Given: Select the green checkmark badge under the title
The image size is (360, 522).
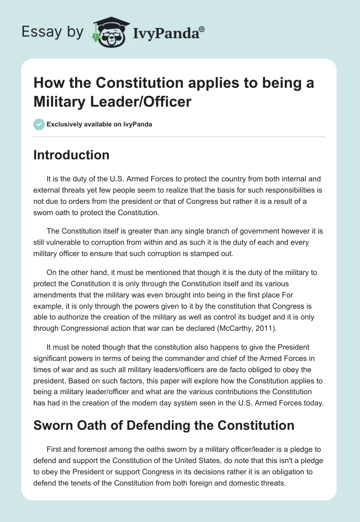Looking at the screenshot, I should (x=39, y=124).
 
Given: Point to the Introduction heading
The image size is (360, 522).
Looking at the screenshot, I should (x=72, y=155).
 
